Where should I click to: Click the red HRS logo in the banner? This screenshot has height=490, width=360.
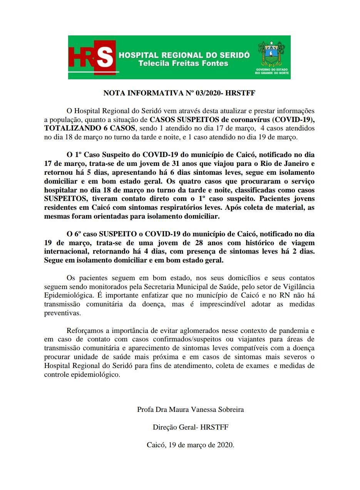[92, 57]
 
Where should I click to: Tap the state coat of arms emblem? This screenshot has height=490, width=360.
[271, 54]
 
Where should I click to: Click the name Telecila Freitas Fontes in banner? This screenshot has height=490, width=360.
[183, 63]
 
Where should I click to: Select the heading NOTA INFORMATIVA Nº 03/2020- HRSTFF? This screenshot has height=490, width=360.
[179, 93]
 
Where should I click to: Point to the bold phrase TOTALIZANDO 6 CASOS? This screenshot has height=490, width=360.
[90, 128]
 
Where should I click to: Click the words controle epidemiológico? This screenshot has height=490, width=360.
[82, 375]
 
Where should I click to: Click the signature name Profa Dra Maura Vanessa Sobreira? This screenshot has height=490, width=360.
[190, 410]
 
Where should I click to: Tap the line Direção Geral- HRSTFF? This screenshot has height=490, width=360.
[191, 427]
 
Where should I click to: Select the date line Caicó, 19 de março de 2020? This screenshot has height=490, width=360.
[191, 445]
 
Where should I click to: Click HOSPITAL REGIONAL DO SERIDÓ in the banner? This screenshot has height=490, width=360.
[184, 55]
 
